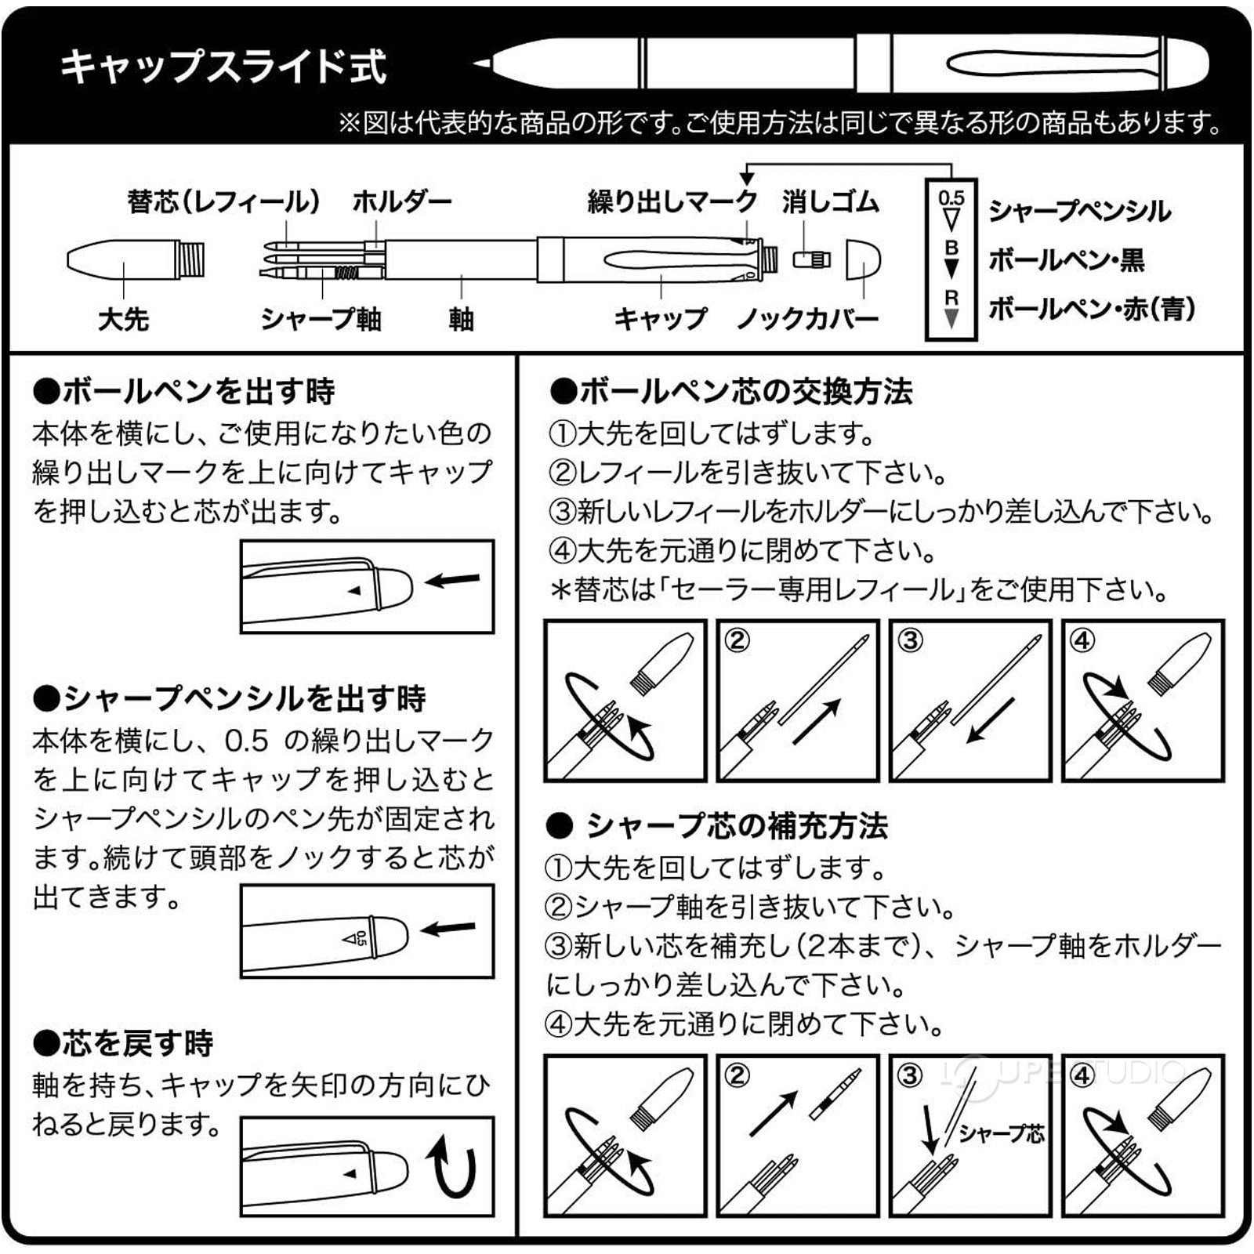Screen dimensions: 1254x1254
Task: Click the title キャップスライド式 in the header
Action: pyautogui.click(x=223, y=66)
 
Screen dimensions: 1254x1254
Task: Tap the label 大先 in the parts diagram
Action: pyautogui.click(x=123, y=319)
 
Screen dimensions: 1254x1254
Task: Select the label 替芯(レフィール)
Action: pyautogui.click(x=223, y=201)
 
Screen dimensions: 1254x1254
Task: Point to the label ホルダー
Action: pyautogui.click(x=402, y=201)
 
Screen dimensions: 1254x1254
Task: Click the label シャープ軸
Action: pyautogui.click(x=321, y=319)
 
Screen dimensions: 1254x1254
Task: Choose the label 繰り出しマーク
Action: pyautogui.click(x=672, y=201)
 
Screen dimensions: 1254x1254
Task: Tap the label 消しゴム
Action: pyautogui.click(x=830, y=201)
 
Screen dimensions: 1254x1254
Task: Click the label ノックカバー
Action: pyautogui.click(x=808, y=319)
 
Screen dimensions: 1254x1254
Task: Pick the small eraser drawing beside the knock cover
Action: pyautogui.click(x=811, y=259)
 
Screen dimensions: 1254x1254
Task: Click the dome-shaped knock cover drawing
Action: pyautogui.click(x=863, y=259)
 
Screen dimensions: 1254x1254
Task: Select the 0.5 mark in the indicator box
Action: pyautogui.click(x=951, y=198)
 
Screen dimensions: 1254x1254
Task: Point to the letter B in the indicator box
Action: pyautogui.click(x=951, y=248)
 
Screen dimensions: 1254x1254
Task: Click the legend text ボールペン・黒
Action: pyautogui.click(x=1066, y=259)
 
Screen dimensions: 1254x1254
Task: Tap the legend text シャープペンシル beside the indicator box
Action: pyautogui.click(x=1079, y=211)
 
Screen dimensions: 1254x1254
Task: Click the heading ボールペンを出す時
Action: pyautogui.click(x=185, y=390)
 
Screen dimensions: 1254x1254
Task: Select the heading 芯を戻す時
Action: pyautogui.click(x=124, y=1043)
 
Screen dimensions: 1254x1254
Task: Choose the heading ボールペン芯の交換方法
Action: pyautogui.click(x=731, y=391)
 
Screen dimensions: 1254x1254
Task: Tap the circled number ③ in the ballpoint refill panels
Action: pyautogui.click(x=910, y=640)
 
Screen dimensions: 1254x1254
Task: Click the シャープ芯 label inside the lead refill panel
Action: pyautogui.click(x=1001, y=1133)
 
